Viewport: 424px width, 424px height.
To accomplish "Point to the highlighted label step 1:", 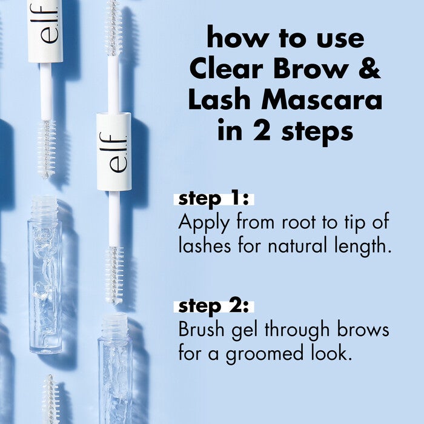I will click(214, 199).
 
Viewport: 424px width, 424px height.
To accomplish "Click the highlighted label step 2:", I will click(214, 306).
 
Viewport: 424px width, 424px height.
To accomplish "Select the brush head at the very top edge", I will click(113, 27).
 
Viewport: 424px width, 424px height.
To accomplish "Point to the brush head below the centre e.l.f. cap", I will click(114, 274).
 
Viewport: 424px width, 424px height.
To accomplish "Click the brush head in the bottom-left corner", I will click(50, 400).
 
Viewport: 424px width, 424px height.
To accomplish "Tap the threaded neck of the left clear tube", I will click(44, 208).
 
